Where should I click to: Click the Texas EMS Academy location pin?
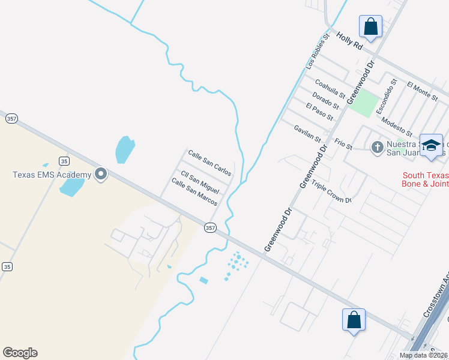point(101,175)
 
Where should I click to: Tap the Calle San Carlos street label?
point(209,163)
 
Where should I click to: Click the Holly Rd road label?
point(351,41)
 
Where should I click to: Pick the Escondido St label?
point(387,96)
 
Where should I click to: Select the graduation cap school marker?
point(431,146)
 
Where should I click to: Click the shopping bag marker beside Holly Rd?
point(370,27)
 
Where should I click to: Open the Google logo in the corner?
point(20,353)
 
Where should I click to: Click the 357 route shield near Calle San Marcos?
point(209,227)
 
